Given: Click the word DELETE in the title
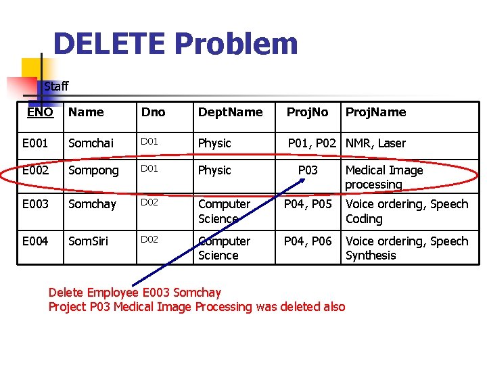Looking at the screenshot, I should point(108,45).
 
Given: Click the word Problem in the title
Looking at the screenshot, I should point(235,45).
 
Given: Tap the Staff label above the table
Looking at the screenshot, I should point(56,86).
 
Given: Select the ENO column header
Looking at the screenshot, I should point(40,112).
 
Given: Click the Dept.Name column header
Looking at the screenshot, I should point(230,112).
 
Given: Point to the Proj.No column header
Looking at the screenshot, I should point(308,112).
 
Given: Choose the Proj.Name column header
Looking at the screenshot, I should point(375,112).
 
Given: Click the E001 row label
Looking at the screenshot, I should point(35,143).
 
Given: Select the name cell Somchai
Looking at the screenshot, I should point(92,143).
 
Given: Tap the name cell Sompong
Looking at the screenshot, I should point(94,170).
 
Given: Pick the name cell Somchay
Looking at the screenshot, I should point(93,204).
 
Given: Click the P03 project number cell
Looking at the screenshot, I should point(308,170).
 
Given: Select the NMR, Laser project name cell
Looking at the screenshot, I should point(375,143).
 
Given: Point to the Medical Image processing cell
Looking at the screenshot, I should point(384,177).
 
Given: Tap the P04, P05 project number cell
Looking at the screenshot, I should point(308,204).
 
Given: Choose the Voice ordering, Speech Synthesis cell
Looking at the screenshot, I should point(407,248).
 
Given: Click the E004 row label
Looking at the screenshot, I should point(35,241).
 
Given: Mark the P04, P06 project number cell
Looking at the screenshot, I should point(308,241).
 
